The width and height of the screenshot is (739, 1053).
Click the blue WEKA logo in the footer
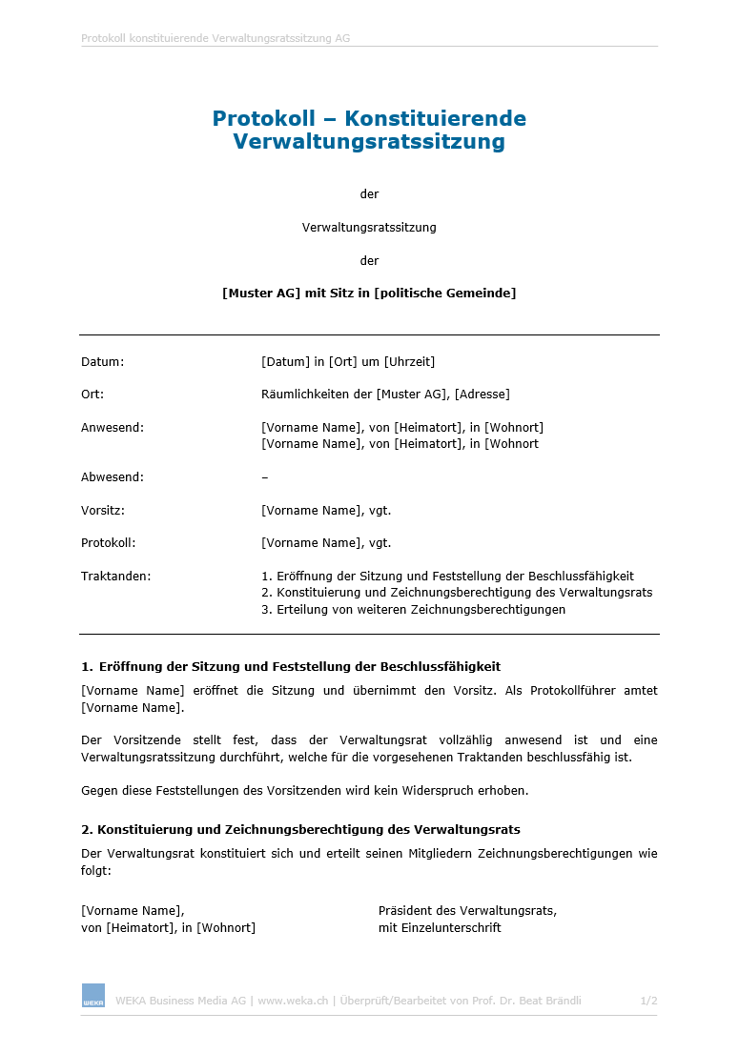[92, 995]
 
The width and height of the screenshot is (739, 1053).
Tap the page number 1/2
[648, 1001]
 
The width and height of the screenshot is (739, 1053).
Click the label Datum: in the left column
[102, 362]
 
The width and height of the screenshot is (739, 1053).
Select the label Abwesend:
[113, 477]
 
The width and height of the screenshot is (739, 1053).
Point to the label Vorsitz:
[103, 511]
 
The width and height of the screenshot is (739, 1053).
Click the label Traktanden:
[115, 577]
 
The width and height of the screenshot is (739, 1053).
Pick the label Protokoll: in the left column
[109, 543]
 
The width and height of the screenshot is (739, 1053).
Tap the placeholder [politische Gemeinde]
[445, 294]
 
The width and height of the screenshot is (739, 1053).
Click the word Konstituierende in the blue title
[435, 119]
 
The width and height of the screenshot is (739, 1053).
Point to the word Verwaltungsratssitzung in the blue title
[369, 143]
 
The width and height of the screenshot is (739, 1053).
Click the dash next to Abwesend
[264, 477]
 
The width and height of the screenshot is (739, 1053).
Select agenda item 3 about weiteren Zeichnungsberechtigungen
[413, 610]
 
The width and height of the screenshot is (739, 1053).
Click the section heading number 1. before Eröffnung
[87, 667]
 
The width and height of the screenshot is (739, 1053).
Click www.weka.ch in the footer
[293, 1001]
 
